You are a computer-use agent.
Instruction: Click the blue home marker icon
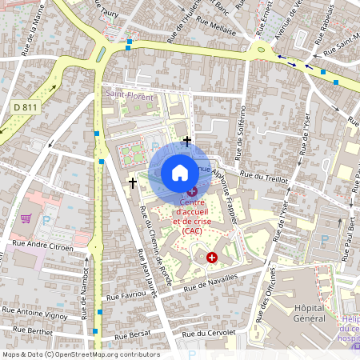(x=180, y=173)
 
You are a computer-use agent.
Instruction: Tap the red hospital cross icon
(x=212, y=257)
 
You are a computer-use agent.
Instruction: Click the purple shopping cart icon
(x=26, y=217)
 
